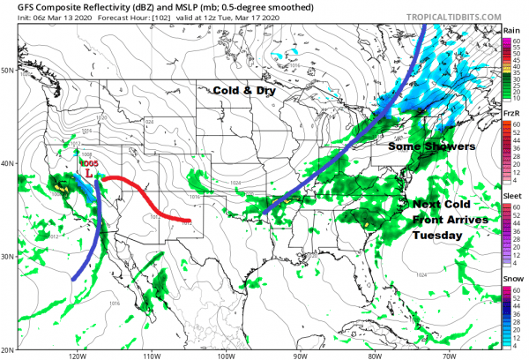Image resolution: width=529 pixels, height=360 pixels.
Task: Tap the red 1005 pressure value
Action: tap(88, 164)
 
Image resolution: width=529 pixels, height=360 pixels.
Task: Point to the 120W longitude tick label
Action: tap(76, 356)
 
